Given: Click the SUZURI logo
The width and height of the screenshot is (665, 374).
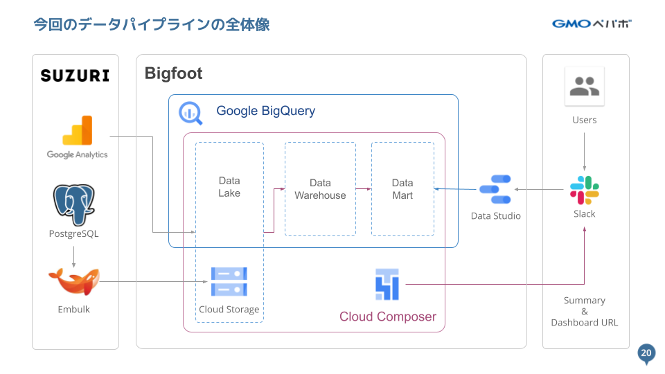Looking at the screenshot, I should click(75, 75).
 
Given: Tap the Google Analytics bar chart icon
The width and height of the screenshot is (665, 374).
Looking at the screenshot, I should click(78, 131).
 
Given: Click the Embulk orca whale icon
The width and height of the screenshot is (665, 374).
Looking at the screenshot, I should click(74, 281).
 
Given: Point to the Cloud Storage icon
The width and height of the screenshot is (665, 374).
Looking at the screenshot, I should click(229, 282).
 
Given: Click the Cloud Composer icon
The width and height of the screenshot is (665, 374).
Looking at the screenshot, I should click(387, 284).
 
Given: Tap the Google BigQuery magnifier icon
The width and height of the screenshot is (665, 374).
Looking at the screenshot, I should click(190, 113).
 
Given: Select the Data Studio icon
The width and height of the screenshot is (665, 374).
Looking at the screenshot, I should click(495, 189).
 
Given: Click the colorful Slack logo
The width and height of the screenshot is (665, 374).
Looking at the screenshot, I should click(584, 190).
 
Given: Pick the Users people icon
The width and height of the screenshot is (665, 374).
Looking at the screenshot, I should click(584, 87).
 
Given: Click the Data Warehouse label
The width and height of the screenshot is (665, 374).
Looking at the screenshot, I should click(320, 189).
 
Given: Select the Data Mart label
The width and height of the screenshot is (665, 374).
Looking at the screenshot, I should click(402, 189).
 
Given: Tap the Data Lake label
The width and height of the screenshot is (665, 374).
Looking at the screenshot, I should click(229, 187).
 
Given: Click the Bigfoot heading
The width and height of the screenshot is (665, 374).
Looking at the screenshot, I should click(173, 73).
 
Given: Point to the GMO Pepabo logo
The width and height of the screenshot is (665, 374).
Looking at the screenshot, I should click(592, 24).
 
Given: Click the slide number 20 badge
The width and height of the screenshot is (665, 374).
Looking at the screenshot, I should click(646, 353).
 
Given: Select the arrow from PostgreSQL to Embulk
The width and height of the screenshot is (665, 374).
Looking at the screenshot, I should click(74, 256).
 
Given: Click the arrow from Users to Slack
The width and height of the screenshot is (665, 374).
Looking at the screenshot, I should click(584, 152).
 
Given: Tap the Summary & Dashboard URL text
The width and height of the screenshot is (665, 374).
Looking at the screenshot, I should click(584, 312).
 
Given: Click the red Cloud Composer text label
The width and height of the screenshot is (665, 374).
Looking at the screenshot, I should click(388, 317).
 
